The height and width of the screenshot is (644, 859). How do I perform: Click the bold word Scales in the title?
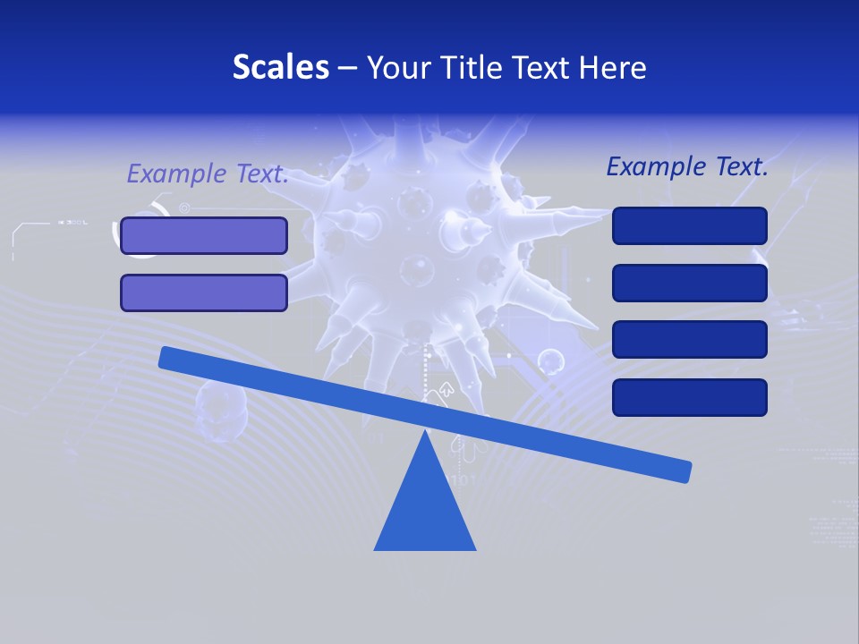[x=280, y=67]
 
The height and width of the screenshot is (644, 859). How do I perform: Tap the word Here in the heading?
[x=612, y=67]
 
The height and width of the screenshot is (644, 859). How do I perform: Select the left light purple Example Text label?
[x=207, y=174]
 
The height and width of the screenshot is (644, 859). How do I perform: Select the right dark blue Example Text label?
[x=687, y=166]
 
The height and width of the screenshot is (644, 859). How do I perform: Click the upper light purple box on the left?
[x=204, y=235]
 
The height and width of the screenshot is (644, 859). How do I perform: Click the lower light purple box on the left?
[x=204, y=292]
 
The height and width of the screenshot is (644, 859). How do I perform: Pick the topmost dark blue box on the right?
[x=689, y=225]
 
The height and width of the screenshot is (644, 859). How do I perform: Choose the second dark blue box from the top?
[x=689, y=283]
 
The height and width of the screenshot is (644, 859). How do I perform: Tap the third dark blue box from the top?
[x=689, y=340]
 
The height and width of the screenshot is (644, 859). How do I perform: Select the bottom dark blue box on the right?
[x=689, y=397]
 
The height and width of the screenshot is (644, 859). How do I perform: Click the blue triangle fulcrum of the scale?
[x=425, y=510]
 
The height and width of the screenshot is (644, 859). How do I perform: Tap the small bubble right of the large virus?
[x=551, y=361]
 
